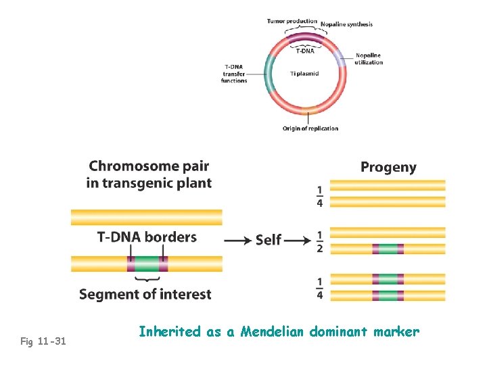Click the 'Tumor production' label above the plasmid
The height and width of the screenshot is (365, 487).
pos(292,21)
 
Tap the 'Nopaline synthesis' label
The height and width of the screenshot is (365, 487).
pos(346,24)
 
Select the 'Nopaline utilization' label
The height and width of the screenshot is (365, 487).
pos(369,59)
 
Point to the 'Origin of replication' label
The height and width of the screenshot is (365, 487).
pos(310,128)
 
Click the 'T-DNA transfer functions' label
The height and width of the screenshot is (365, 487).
pos(234,73)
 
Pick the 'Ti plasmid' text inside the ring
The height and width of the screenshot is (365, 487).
pos(304,73)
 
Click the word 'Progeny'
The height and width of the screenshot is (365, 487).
pos(388,168)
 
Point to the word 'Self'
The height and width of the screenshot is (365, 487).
pos(269,240)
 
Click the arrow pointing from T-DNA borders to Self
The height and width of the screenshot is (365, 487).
pos(237,240)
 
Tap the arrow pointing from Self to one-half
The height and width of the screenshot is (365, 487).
pos(298,240)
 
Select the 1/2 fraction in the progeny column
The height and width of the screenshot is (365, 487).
pos(320,243)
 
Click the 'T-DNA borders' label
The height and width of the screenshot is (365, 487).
pos(147,237)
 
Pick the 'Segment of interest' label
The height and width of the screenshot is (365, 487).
pos(145,295)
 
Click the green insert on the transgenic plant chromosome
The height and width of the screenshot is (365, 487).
pos(147,264)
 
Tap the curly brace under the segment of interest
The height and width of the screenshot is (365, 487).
pos(147,279)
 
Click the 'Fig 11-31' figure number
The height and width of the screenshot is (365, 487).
pos(43,341)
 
